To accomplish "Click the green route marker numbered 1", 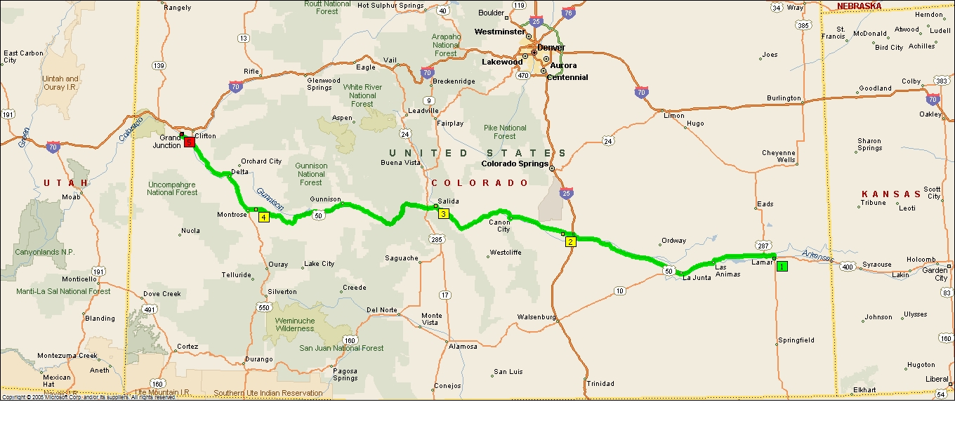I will point(782,267).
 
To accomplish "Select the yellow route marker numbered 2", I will point(570,242).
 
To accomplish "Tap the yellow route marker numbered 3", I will point(443,214).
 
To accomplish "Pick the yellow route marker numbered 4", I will point(263,217).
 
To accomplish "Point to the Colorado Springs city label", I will point(515,164).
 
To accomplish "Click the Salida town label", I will point(449,201).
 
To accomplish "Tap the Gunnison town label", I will point(325,200).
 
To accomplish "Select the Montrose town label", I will point(232,215).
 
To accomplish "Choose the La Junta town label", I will point(697,278).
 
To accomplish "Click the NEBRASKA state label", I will point(859,6).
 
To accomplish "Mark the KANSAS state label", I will point(891,194).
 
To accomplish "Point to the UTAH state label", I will point(65,183).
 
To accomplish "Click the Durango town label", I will point(259,359).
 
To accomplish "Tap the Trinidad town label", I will point(600,384).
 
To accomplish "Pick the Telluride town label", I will point(237,275).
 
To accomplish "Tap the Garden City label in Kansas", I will point(935,274).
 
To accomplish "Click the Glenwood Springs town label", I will point(324,84).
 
